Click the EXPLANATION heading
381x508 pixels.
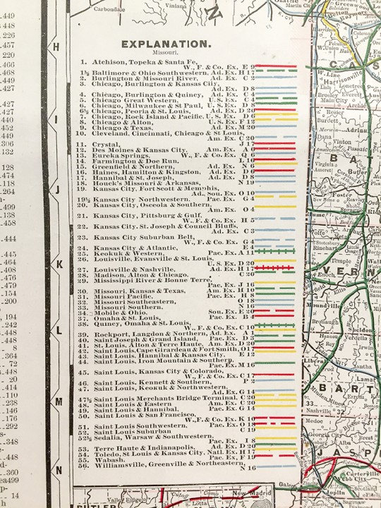click(x=166, y=44)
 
